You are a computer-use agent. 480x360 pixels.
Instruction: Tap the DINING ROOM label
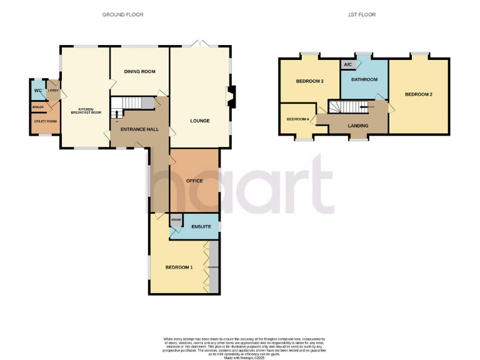tap(139, 72)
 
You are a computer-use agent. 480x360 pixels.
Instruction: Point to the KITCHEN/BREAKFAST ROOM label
tap(85, 111)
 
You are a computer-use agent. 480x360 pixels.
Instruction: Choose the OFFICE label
tap(195, 181)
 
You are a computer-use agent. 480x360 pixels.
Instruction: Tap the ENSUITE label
tap(201, 226)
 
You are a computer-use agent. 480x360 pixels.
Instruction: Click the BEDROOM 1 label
tap(179, 267)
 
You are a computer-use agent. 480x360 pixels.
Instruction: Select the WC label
tap(37, 91)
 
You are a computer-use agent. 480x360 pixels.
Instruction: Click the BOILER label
tap(38, 107)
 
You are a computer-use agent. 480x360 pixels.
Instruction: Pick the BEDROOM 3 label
tap(309, 81)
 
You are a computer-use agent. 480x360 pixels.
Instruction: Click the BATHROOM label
tap(364, 80)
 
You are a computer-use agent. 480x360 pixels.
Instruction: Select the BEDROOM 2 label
tap(419, 95)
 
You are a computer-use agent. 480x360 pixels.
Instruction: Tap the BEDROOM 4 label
tap(297, 119)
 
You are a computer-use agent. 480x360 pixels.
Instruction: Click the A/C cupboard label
tap(347, 64)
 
